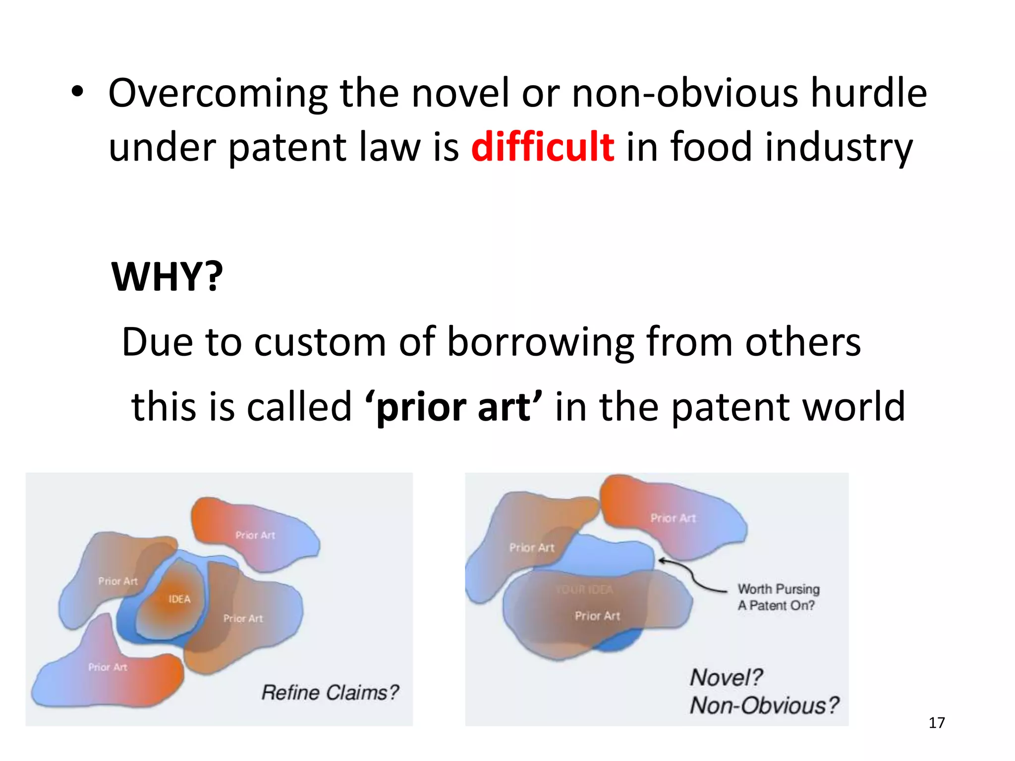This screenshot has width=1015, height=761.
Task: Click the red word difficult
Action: (543, 147)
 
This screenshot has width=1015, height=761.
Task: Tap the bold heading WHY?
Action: (168, 276)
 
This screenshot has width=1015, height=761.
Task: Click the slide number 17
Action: (936, 723)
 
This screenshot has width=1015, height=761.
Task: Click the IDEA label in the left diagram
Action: (179, 599)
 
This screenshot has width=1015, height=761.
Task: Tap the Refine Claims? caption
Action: (330, 693)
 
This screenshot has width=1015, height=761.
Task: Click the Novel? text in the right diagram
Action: (726, 677)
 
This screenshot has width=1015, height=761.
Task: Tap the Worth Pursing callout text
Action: (778, 597)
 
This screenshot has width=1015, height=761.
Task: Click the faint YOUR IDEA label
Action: (584, 589)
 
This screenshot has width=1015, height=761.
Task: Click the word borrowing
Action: (540, 342)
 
